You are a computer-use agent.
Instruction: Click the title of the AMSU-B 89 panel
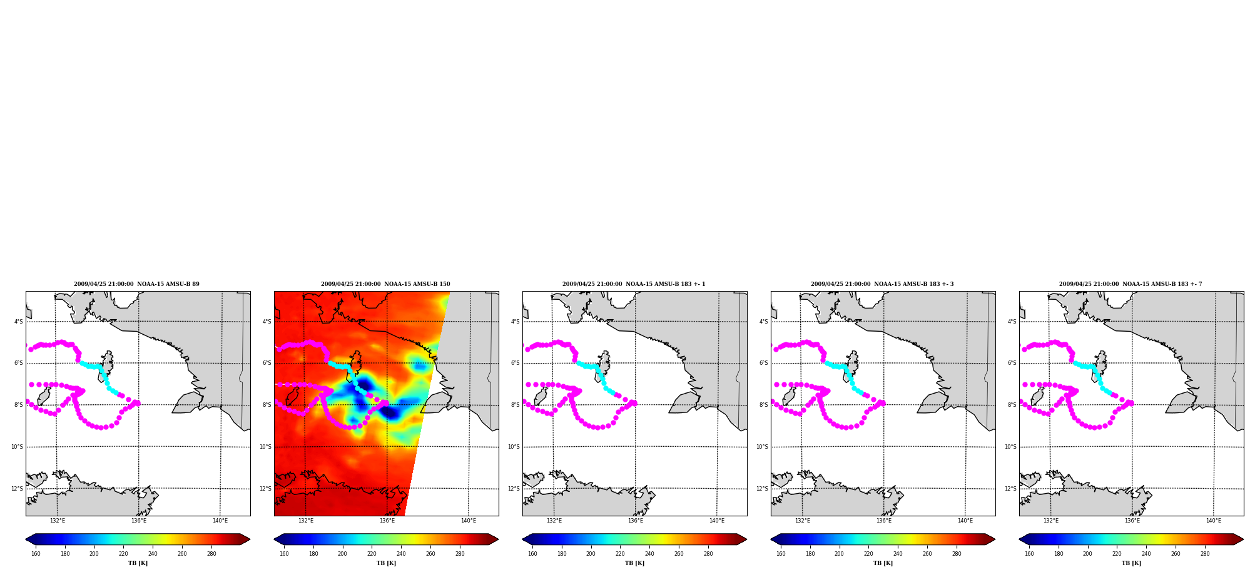(136, 284)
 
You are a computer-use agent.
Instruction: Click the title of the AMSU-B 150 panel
(385, 284)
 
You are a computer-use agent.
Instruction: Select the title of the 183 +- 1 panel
(634, 284)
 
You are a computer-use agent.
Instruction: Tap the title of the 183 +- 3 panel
(882, 284)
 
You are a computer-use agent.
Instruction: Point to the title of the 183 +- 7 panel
(1131, 284)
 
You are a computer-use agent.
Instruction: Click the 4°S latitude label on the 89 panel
(19, 322)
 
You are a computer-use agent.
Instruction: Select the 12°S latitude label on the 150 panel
(265, 489)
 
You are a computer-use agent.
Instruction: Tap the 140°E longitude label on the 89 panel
(220, 521)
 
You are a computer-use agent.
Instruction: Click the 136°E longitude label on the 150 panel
(387, 521)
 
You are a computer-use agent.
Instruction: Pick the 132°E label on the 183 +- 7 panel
(1051, 521)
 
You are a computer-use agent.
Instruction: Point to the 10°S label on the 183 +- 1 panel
(514, 447)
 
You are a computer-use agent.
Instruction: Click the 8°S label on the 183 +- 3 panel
(764, 405)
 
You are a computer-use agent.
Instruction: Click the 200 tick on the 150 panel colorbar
(342, 554)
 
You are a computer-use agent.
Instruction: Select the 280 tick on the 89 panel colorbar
(211, 554)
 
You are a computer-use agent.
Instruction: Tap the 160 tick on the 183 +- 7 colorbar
(1029, 554)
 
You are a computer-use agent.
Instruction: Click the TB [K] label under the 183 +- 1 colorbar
(634, 563)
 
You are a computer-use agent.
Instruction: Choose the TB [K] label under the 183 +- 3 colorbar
(883, 563)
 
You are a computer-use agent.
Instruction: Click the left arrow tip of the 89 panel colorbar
(26, 539)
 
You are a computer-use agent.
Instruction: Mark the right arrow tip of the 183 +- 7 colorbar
(1243, 539)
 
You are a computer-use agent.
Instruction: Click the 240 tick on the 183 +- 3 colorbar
(898, 554)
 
